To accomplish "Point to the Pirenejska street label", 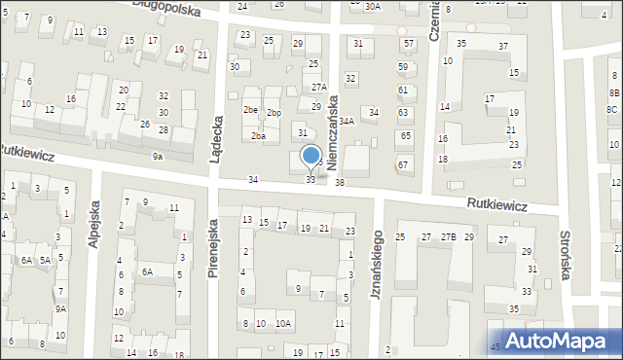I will (x=212, y=247).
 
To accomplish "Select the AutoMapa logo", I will (x=554, y=341).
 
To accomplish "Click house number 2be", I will (x=250, y=111).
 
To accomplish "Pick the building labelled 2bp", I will (x=275, y=113).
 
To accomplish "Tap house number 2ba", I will (x=258, y=136).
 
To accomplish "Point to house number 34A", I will (x=346, y=122).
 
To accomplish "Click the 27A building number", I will (x=318, y=88).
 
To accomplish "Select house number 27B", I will (x=448, y=237).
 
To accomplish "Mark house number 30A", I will (x=373, y=7).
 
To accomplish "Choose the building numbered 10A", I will (x=282, y=324).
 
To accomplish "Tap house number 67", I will (x=402, y=164).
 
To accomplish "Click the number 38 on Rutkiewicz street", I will (x=340, y=183).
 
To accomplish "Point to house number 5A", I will (x=45, y=260).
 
